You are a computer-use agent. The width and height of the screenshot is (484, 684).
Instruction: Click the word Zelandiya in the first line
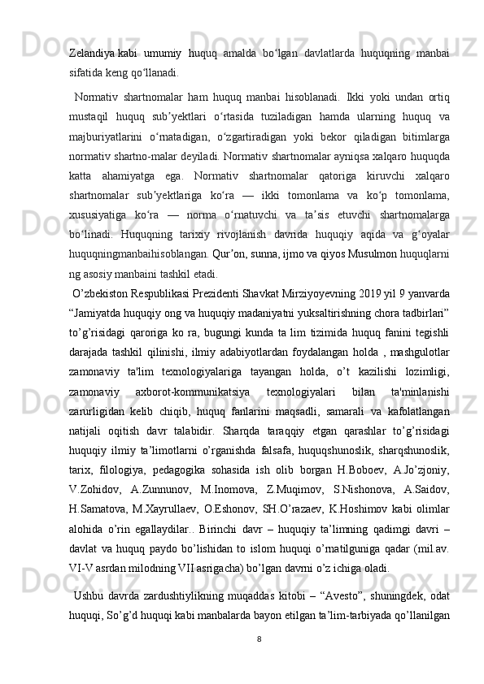point(91,53)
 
